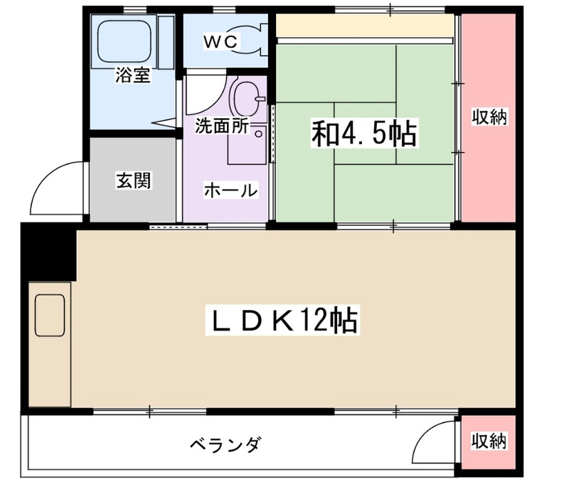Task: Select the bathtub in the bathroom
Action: pyautogui.click(x=127, y=41)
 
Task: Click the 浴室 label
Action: pyautogui.click(x=133, y=75)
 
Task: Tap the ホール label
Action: pyautogui.click(x=230, y=190)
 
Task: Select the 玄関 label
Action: pyautogui.click(x=133, y=181)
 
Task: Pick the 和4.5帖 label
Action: pyautogui.click(x=363, y=134)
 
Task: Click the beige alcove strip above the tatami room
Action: pyautogui.click(x=364, y=26)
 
